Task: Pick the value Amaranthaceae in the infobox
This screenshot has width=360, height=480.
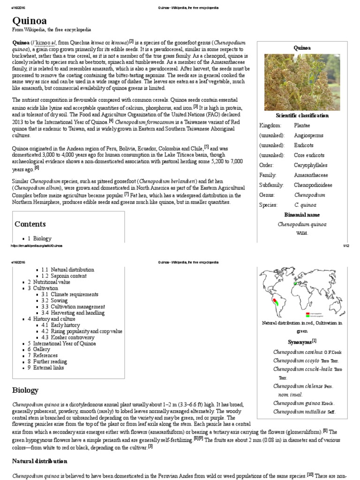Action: (x=311, y=175)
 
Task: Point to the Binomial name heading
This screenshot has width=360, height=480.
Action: (x=302, y=215)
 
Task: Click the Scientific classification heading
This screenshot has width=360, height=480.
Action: (x=302, y=115)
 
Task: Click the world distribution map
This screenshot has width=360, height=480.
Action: (x=302, y=292)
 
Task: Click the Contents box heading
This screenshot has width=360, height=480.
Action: (x=30, y=224)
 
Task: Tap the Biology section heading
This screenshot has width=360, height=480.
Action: (x=25, y=390)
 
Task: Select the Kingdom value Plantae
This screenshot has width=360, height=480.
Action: (x=302, y=126)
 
